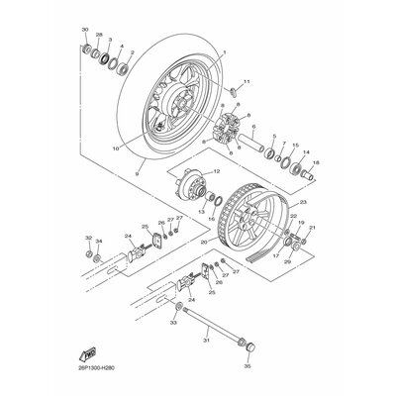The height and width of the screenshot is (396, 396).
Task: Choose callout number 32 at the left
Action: coord(87,239)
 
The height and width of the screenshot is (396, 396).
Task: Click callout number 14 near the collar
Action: coord(305,151)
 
